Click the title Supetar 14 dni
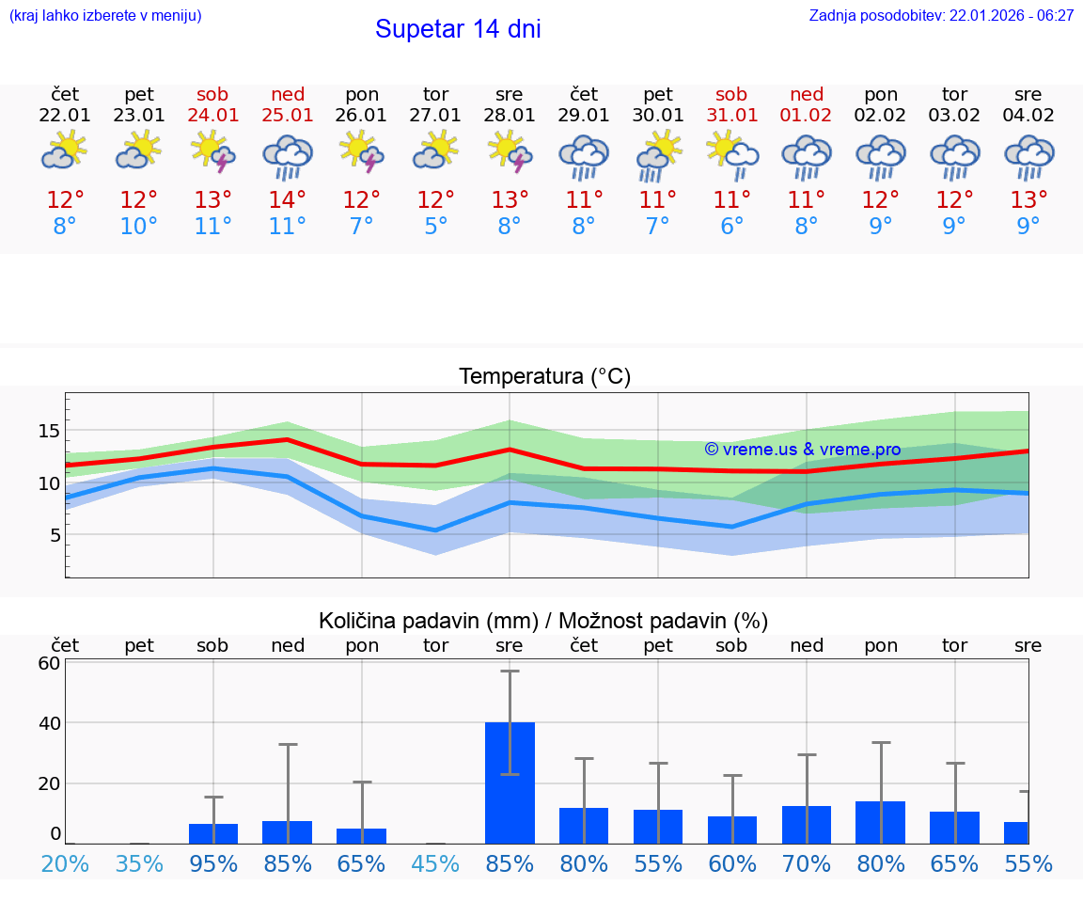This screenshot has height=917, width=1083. click(x=458, y=29)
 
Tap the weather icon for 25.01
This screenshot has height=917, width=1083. click(x=288, y=155)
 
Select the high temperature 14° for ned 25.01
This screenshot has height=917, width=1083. click(x=288, y=200)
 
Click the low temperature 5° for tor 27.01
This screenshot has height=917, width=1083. click(x=435, y=227)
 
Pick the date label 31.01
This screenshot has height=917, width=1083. click(x=731, y=116)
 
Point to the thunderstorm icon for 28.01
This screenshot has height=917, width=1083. click(x=510, y=152)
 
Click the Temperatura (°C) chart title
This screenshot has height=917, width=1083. click(x=544, y=377)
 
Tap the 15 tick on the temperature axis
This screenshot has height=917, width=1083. click(x=49, y=431)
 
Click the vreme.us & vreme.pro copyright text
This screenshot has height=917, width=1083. click(x=802, y=450)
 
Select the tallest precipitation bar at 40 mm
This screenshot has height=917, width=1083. click(x=510, y=782)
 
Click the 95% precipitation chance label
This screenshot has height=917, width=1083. click(x=213, y=863)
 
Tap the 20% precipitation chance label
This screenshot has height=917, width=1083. click(x=65, y=863)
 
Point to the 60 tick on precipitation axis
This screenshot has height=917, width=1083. click(x=49, y=662)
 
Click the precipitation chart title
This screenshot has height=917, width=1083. click(x=543, y=621)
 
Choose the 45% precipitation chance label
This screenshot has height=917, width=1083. click(x=435, y=863)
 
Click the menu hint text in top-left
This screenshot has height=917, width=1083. click(x=105, y=16)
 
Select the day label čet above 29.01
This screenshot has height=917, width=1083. click(x=584, y=94)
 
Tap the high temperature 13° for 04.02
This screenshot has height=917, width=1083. click(x=1028, y=200)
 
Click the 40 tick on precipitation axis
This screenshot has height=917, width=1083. click(x=49, y=723)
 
